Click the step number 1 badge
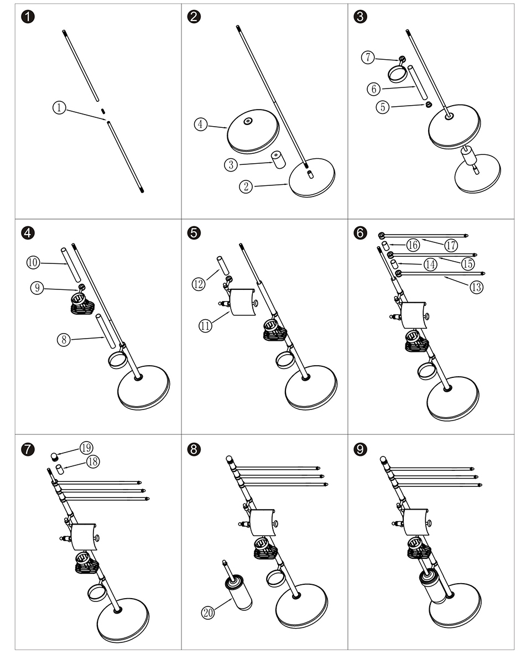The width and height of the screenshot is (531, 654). click(28, 17)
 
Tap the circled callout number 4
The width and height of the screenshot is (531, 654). click(201, 124)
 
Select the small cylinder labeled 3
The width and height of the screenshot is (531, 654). click(277, 160)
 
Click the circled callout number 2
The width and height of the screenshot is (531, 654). click(246, 186)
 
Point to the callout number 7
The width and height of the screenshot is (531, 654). click(368, 57)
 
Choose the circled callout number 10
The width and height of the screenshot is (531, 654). click(33, 262)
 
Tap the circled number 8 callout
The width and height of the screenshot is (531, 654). click(64, 339)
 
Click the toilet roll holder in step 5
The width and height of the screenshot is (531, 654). click(241, 303)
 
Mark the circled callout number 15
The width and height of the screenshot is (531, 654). click(468, 264)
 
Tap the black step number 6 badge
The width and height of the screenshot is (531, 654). click(361, 232)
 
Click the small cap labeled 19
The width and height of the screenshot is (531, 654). click(55, 456)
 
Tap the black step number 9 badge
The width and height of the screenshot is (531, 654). click(361, 449)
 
